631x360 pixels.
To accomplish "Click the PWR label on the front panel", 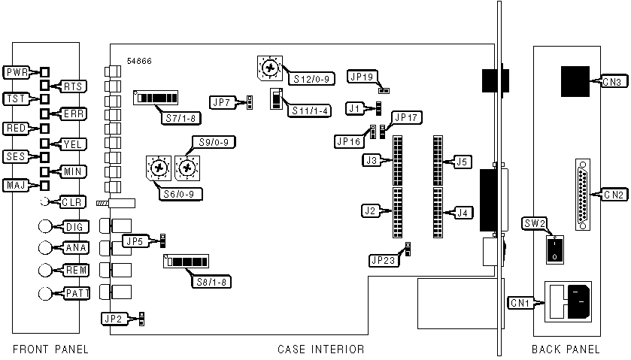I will (16, 73).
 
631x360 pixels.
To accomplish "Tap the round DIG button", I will (46, 225).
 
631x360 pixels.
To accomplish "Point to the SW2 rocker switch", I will (555, 249).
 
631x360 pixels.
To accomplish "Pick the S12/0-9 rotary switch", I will (268, 67).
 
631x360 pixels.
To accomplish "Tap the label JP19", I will (363, 76).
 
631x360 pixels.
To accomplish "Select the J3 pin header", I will (397, 160).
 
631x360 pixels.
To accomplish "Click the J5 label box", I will (462, 161).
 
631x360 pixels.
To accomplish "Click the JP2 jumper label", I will (114, 319).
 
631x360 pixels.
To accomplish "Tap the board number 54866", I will (139, 60).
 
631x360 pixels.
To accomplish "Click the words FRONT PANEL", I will (50, 349).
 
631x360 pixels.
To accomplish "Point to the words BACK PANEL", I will (566, 349).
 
